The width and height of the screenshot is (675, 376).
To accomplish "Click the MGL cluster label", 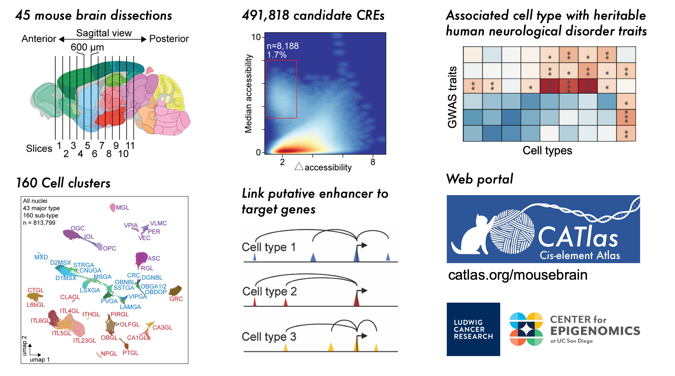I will pyautogui.click(x=122, y=208).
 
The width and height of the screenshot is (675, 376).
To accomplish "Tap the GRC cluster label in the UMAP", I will pyautogui.click(x=176, y=299).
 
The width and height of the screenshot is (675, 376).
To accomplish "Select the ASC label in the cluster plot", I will pyautogui.click(x=154, y=258).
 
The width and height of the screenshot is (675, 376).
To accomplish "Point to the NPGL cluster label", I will pyautogui.click(x=109, y=354).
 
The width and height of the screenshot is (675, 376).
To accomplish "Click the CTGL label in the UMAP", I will pyautogui.click(x=36, y=290).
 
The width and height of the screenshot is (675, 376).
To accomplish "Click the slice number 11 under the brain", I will pyautogui.click(x=130, y=146).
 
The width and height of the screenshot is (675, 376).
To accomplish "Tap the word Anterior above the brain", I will pyautogui.click(x=38, y=38).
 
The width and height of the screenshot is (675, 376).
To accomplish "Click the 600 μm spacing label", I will pyautogui.click(x=87, y=47).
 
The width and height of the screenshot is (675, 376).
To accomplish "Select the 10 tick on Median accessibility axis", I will pyautogui.click(x=256, y=37).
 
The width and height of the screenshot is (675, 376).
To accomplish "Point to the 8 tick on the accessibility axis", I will pyautogui.click(x=372, y=162).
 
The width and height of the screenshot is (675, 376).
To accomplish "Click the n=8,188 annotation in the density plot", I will pyautogui.click(x=283, y=46).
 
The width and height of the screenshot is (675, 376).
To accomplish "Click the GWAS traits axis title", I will pyautogui.click(x=452, y=97).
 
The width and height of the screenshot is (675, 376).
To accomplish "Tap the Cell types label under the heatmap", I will pyautogui.click(x=547, y=150).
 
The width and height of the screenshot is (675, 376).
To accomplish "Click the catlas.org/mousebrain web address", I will pyautogui.click(x=518, y=275).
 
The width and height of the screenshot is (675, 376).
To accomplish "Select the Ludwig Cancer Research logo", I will pyautogui.click(x=473, y=329).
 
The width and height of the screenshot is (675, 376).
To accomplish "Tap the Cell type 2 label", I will pyautogui.click(x=269, y=291).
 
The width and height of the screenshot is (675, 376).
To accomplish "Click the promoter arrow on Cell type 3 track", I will pyautogui.click(x=362, y=336).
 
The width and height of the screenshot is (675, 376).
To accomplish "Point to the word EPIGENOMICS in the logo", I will pyautogui.click(x=595, y=331).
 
